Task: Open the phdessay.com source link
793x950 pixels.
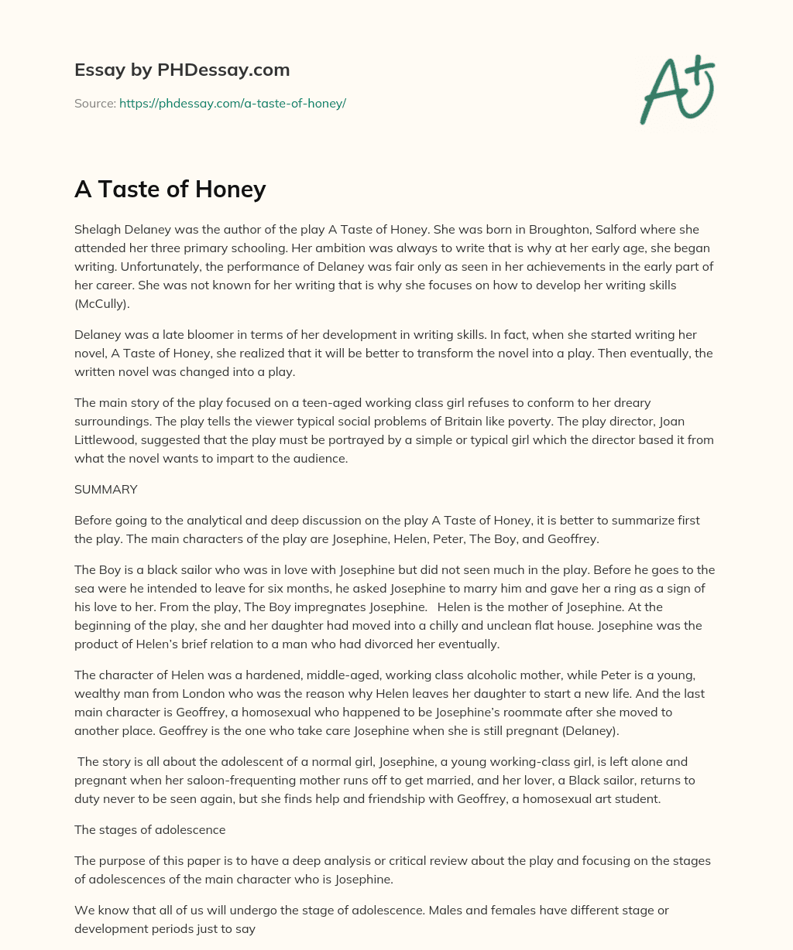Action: tap(232, 103)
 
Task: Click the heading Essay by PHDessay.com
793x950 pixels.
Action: tap(182, 70)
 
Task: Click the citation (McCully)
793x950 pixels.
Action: tap(102, 304)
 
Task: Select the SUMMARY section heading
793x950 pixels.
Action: tap(106, 489)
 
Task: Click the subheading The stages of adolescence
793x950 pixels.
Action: tap(149, 829)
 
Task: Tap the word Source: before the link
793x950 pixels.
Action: tap(94, 103)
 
